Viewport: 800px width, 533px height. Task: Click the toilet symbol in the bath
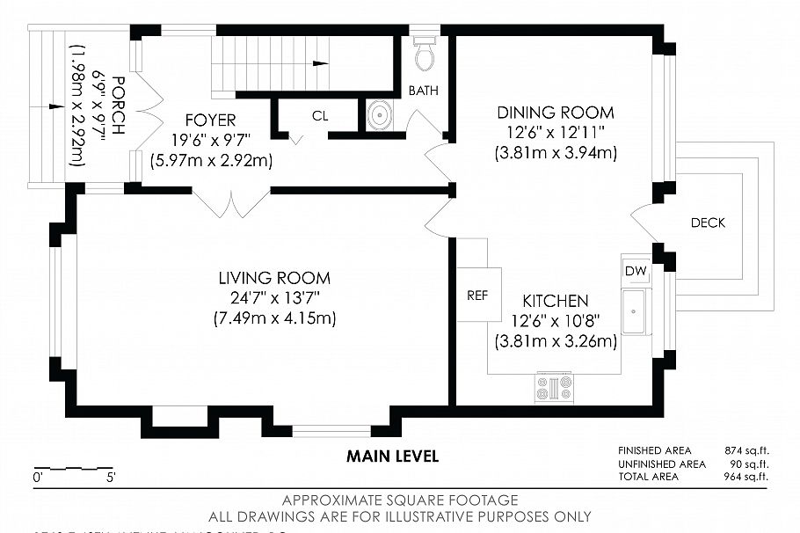(425, 55)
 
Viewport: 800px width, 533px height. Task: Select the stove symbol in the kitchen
(554, 387)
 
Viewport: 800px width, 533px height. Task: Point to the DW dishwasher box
(635, 272)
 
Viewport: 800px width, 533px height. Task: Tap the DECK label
(708, 223)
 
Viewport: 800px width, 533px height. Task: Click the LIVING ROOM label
(274, 278)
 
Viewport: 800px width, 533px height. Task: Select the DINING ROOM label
(556, 113)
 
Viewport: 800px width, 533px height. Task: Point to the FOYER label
(210, 120)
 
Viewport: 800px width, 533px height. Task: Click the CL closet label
(320, 115)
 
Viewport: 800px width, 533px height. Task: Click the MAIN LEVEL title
(392, 456)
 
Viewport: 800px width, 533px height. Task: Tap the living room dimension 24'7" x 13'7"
(274, 297)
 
